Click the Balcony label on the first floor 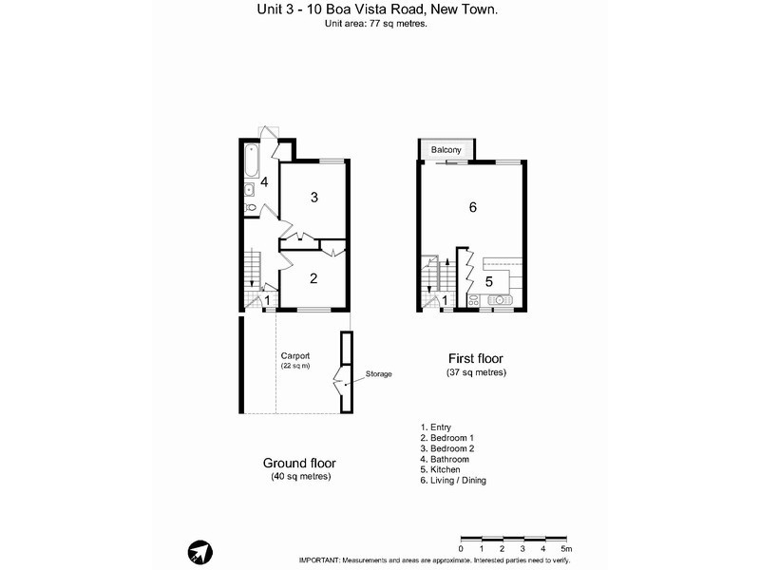click(446, 151)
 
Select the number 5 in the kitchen click(489, 282)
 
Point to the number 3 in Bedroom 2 click(313, 198)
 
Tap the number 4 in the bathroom click(265, 181)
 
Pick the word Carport click(294, 355)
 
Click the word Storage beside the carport click(379, 374)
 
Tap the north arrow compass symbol click(199, 552)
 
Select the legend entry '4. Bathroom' click(444, 459)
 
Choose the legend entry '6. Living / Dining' click(453, 481)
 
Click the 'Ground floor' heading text click(299, 463)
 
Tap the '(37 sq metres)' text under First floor click(476, 372)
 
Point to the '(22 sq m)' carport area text click(294, 366)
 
